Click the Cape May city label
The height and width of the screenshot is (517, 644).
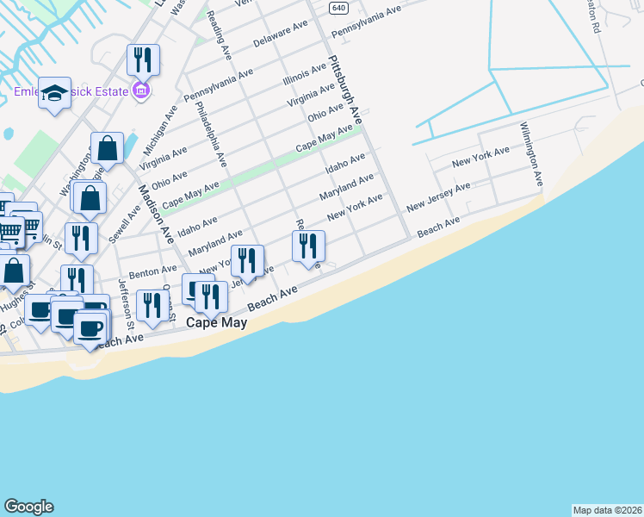click(217, 323)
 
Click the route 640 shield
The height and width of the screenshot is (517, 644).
click(337, 7)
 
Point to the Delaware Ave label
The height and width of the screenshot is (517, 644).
click(281, 35)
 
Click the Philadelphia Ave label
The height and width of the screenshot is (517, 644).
click(211, 134)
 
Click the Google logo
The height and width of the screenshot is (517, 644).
click(28, 507)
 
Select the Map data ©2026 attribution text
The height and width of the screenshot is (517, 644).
click(607, 509)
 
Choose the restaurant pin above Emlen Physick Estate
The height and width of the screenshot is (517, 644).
click(143, 59)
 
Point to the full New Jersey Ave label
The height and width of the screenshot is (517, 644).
click(439, 197)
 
